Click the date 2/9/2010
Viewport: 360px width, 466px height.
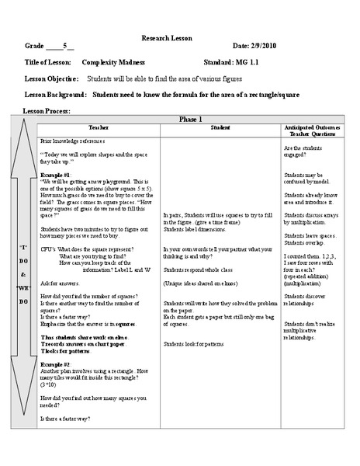pyautogui.click(x=261, y=47)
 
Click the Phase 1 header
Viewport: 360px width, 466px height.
pyautogui.click(x=190, y=119)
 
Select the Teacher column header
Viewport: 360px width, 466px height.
pyautogui.click(x=99, y=127)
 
